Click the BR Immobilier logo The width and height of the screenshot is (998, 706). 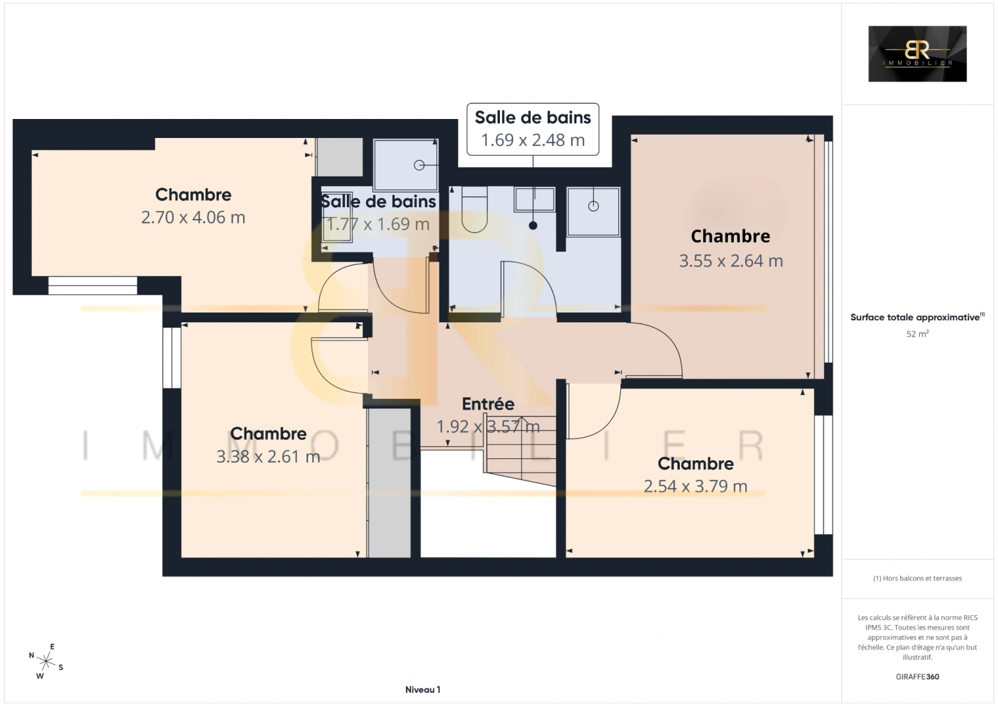tap(918, 54)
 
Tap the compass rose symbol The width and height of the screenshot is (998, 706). tap(46, 662)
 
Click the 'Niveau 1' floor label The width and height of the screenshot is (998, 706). tap(423, 690)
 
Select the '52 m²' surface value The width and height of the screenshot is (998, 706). tap(918, 333)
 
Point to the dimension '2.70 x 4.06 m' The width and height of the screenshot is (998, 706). tap(193, 218)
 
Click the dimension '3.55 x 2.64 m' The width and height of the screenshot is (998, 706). tap(731, 261)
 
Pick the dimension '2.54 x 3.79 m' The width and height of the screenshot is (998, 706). tap(695, 486)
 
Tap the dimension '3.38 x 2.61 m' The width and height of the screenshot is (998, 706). tap(268, 456)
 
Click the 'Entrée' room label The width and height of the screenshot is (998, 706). tap(488, 404)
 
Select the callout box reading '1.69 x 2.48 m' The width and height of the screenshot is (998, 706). tap(533, 129)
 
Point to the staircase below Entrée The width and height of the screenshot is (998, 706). tap(520, 451)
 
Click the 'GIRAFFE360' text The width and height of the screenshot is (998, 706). tap(918, 677)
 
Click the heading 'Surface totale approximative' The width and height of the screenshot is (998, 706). tap(915, 317)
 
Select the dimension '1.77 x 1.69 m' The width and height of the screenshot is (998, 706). tap(378, 224)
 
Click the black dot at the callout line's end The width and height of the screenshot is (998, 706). tap(533, 226)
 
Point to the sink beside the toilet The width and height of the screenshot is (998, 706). tap(535, 199)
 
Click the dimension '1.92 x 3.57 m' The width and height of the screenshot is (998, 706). tap(488, 426)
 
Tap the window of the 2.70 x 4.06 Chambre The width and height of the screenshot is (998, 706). tap(93, 286)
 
